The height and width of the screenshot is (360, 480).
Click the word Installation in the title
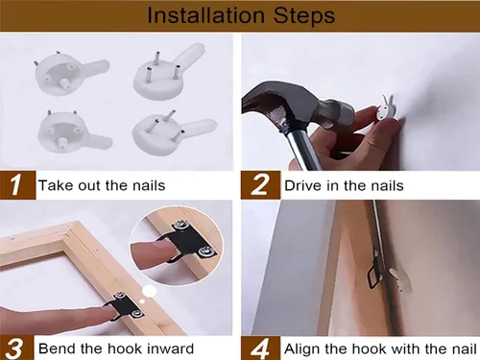click(x=205, y=15)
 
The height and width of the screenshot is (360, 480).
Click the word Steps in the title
click(x=304, y=15)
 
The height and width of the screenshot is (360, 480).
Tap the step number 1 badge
click(x=17, y=185)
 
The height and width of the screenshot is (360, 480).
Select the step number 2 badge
click(x=260, y=185)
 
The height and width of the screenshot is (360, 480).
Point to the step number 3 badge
click(x=16, y=348)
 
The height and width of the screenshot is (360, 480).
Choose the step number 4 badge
click(x=260, y=348)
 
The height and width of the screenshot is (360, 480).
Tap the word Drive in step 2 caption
click(x=302, y=185)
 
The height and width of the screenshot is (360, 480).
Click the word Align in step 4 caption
click(x=301, y=348)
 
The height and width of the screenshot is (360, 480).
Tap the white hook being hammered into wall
click(x=384, y=110)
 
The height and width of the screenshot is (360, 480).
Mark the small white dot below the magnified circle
click(x=150, y=291)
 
